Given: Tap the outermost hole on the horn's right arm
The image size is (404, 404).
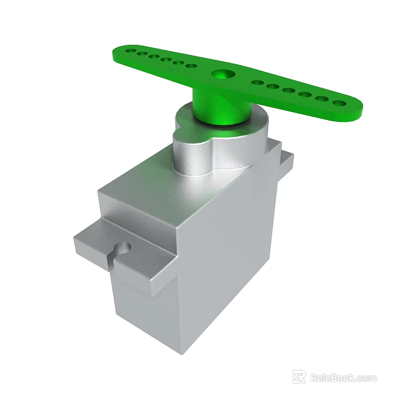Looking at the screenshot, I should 340,102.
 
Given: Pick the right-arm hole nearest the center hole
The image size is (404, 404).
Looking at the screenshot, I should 258,82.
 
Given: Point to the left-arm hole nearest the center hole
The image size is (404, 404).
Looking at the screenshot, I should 191,65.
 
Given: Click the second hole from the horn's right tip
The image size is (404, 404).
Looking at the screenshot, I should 323,98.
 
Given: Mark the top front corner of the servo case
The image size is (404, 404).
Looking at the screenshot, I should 181,224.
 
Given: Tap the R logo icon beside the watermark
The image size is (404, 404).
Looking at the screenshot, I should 299,377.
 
